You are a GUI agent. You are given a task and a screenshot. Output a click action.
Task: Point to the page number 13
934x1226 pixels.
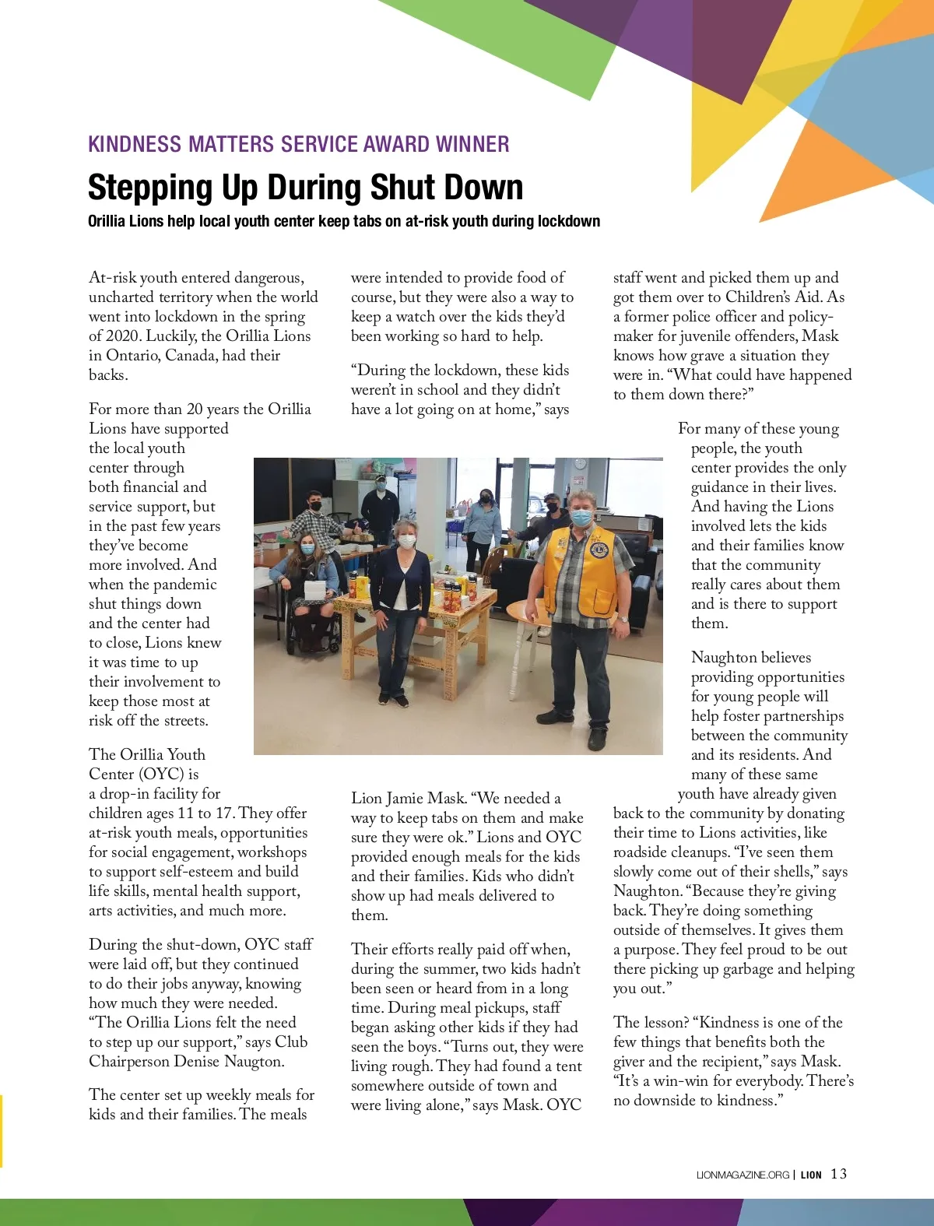(838, 1174)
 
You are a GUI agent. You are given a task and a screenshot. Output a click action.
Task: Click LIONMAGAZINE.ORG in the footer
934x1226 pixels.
(743, 1175)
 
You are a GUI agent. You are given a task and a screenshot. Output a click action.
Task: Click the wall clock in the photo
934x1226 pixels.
(579, 464)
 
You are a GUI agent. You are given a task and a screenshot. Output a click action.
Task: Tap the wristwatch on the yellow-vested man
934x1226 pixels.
(623, 619)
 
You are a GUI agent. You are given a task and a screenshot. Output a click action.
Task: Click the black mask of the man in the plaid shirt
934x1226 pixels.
(315, 505)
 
